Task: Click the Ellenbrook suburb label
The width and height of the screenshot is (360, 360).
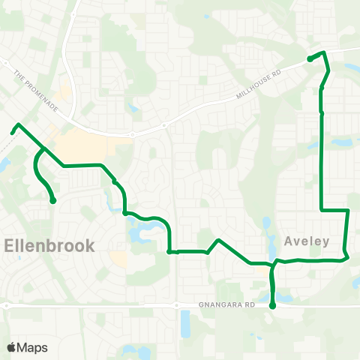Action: pyautogui.click(x=49, y=245)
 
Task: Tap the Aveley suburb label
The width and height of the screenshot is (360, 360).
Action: pyautogui.click(x=307, y=241)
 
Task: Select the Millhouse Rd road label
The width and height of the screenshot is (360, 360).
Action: pyautogui.click(x=259, y=83)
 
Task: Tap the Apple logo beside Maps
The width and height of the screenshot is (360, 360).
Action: pyautogui.click(x=13, y=347)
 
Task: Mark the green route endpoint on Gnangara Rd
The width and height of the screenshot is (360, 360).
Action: pyautogui.click(x=272, y=305)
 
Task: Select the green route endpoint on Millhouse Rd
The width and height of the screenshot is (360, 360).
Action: pyautogui.click(x=310, y=58)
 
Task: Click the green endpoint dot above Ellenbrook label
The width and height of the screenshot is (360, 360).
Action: pyautogui.click(x=53, y=200)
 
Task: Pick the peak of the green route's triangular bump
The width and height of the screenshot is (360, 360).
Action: pyautogui.click(x=217, y=240)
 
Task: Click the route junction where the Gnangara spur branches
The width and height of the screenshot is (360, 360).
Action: pyautogui.click(x=273, y=264)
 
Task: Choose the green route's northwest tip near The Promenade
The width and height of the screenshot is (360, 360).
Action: pyautogui.click(x=13, y=132)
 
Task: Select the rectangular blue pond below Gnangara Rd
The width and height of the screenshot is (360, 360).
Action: pyautogui.click(x=185, y=323)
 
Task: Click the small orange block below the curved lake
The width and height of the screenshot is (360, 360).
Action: pyautogui.click(x=118, y=259)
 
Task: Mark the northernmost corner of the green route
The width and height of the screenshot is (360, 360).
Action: pyautogui.click(x=323, y=52)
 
